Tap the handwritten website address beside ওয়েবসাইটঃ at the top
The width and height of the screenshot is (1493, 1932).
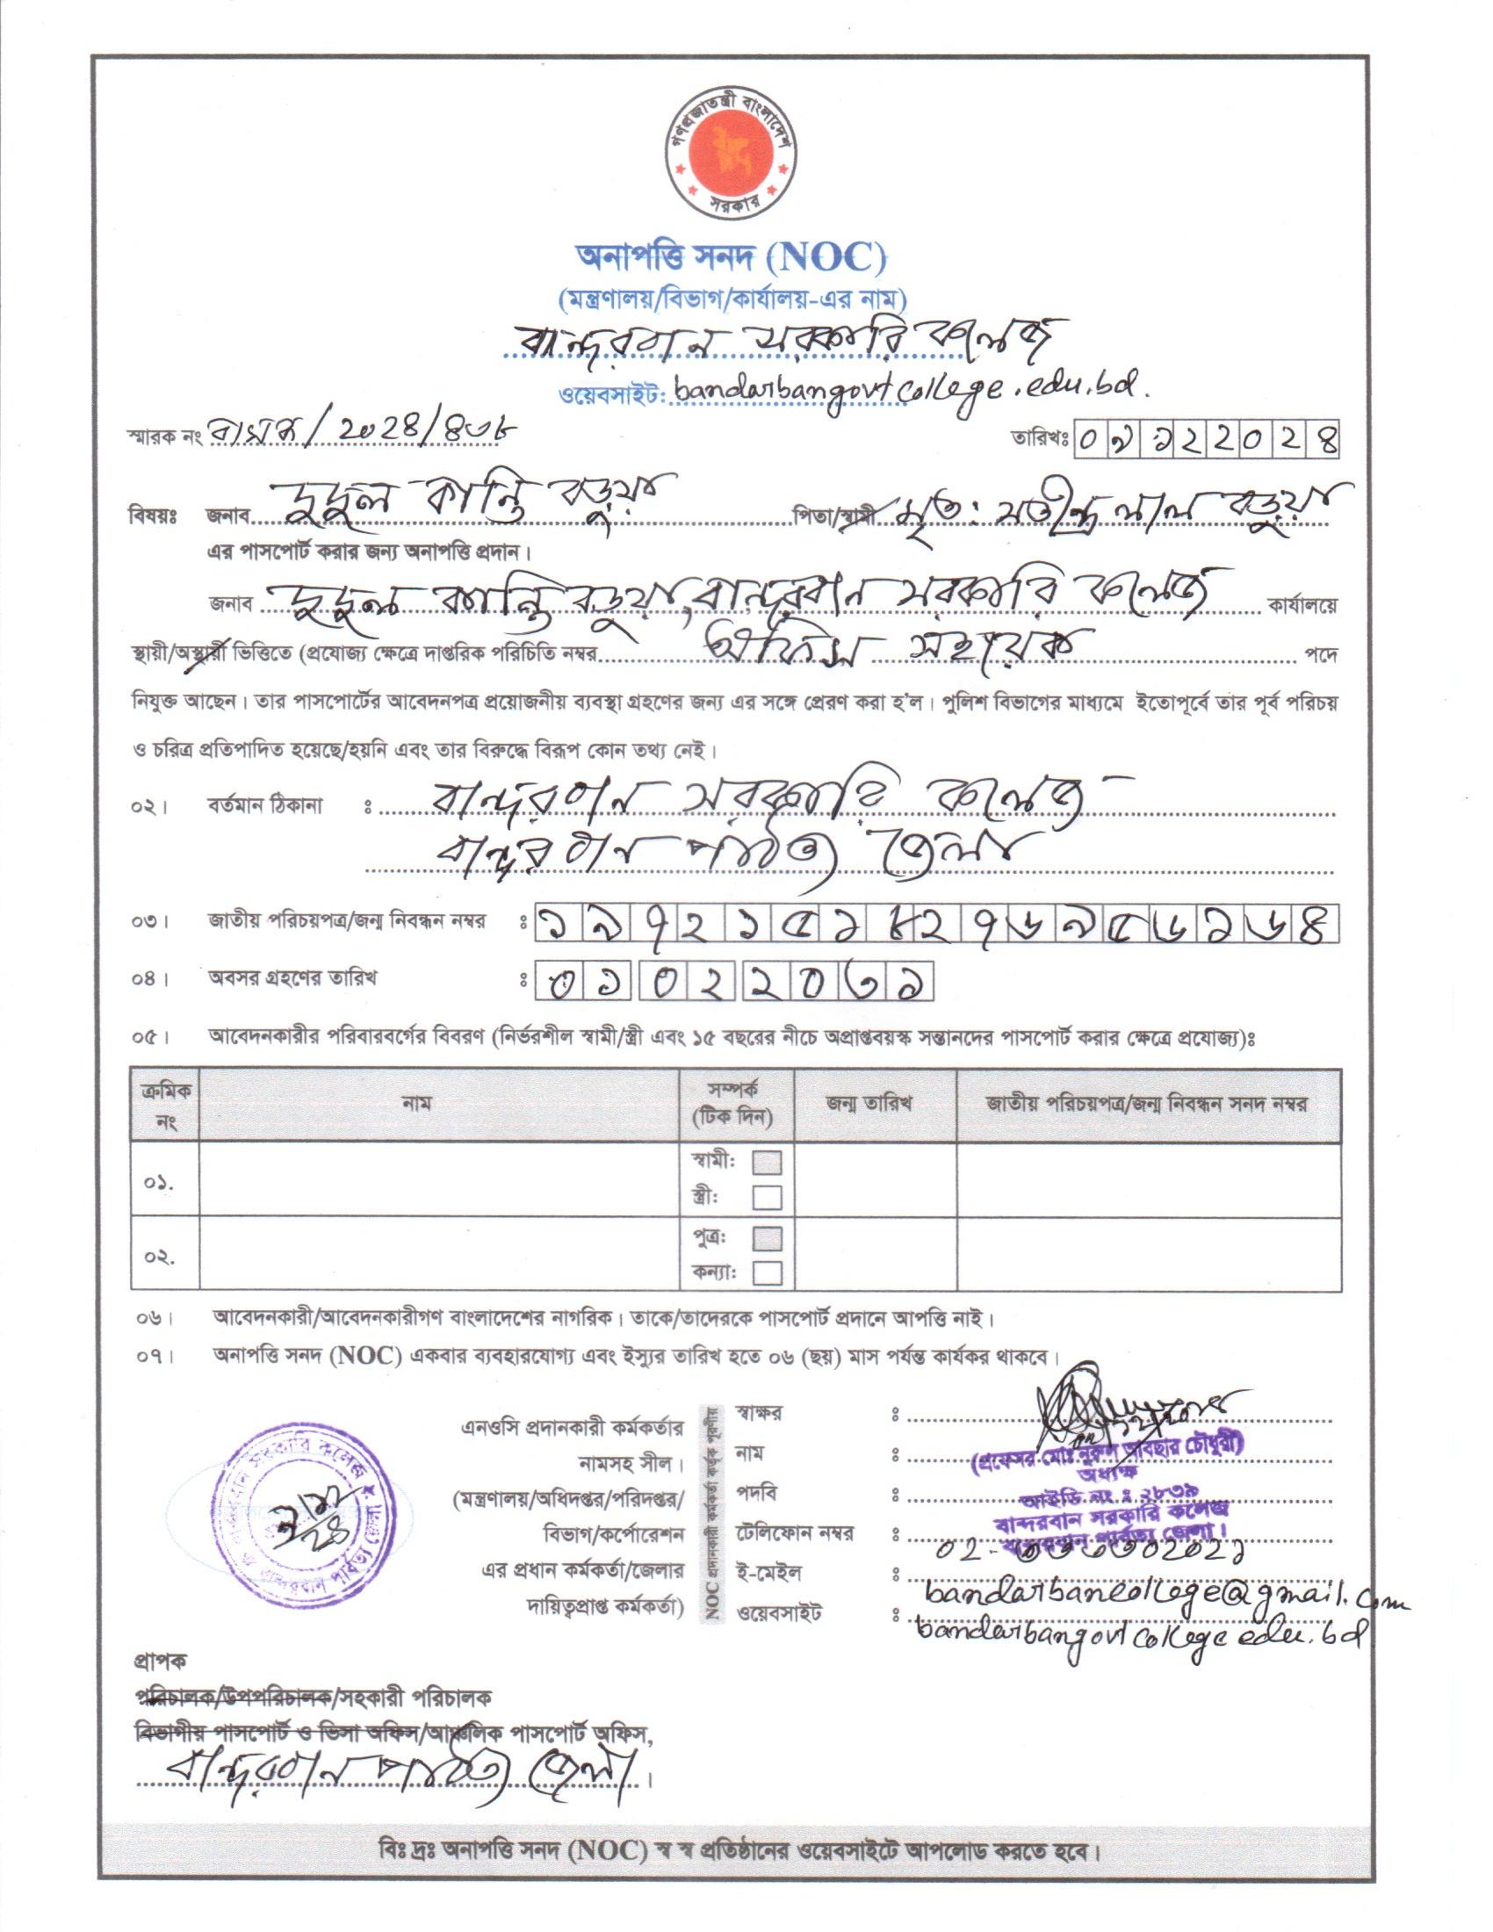tap(911, 392)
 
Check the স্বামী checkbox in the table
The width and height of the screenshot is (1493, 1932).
tap(767, 1163)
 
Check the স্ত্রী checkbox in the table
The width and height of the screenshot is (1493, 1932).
tap(767, 1198)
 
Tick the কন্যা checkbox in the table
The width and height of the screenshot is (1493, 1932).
tap(767, 1274)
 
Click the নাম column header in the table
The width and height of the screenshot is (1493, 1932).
tap(415, 1103)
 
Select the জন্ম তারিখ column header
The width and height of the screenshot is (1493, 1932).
tap(875, 1103)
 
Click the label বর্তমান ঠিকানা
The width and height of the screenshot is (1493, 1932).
tap(265, 806)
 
